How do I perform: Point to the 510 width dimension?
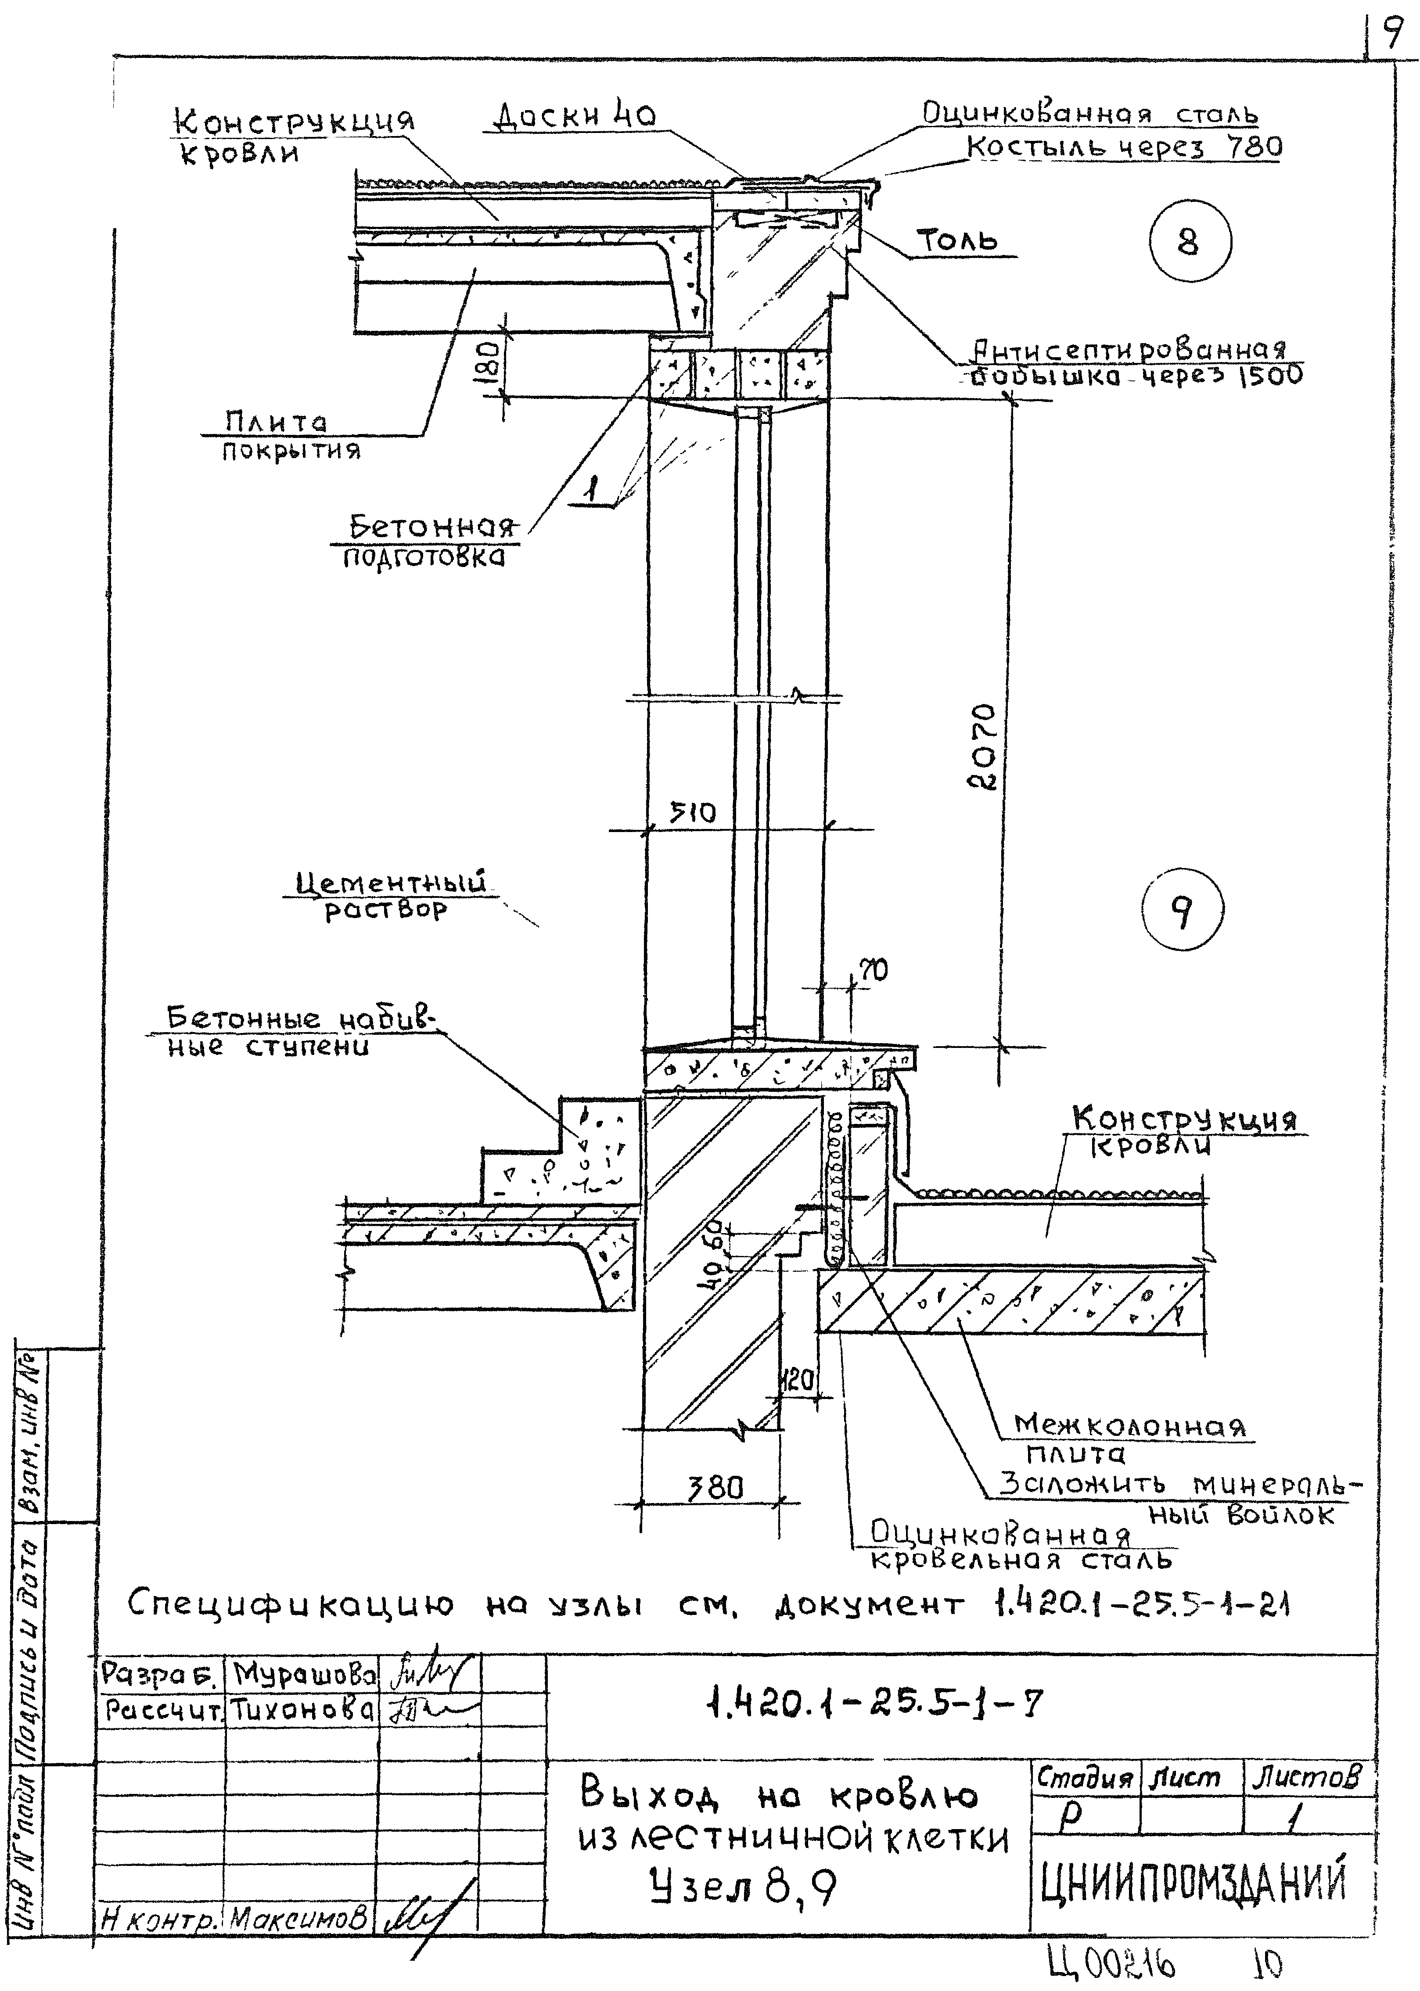[x=693, y=813]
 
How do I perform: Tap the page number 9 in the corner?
[x=1391, y=33]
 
